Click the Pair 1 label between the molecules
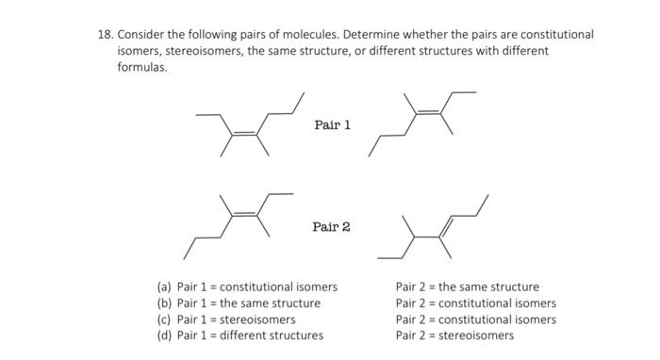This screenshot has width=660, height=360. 332,125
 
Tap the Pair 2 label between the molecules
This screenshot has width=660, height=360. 332,227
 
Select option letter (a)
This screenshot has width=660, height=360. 164,287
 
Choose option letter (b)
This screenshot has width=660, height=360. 164,303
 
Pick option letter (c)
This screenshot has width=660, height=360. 164,319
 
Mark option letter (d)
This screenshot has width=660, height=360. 164,335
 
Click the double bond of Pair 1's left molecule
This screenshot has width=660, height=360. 245,135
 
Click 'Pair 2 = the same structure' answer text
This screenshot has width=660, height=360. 468,287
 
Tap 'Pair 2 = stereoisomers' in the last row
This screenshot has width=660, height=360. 454,335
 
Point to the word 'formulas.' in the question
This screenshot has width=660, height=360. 141,69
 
